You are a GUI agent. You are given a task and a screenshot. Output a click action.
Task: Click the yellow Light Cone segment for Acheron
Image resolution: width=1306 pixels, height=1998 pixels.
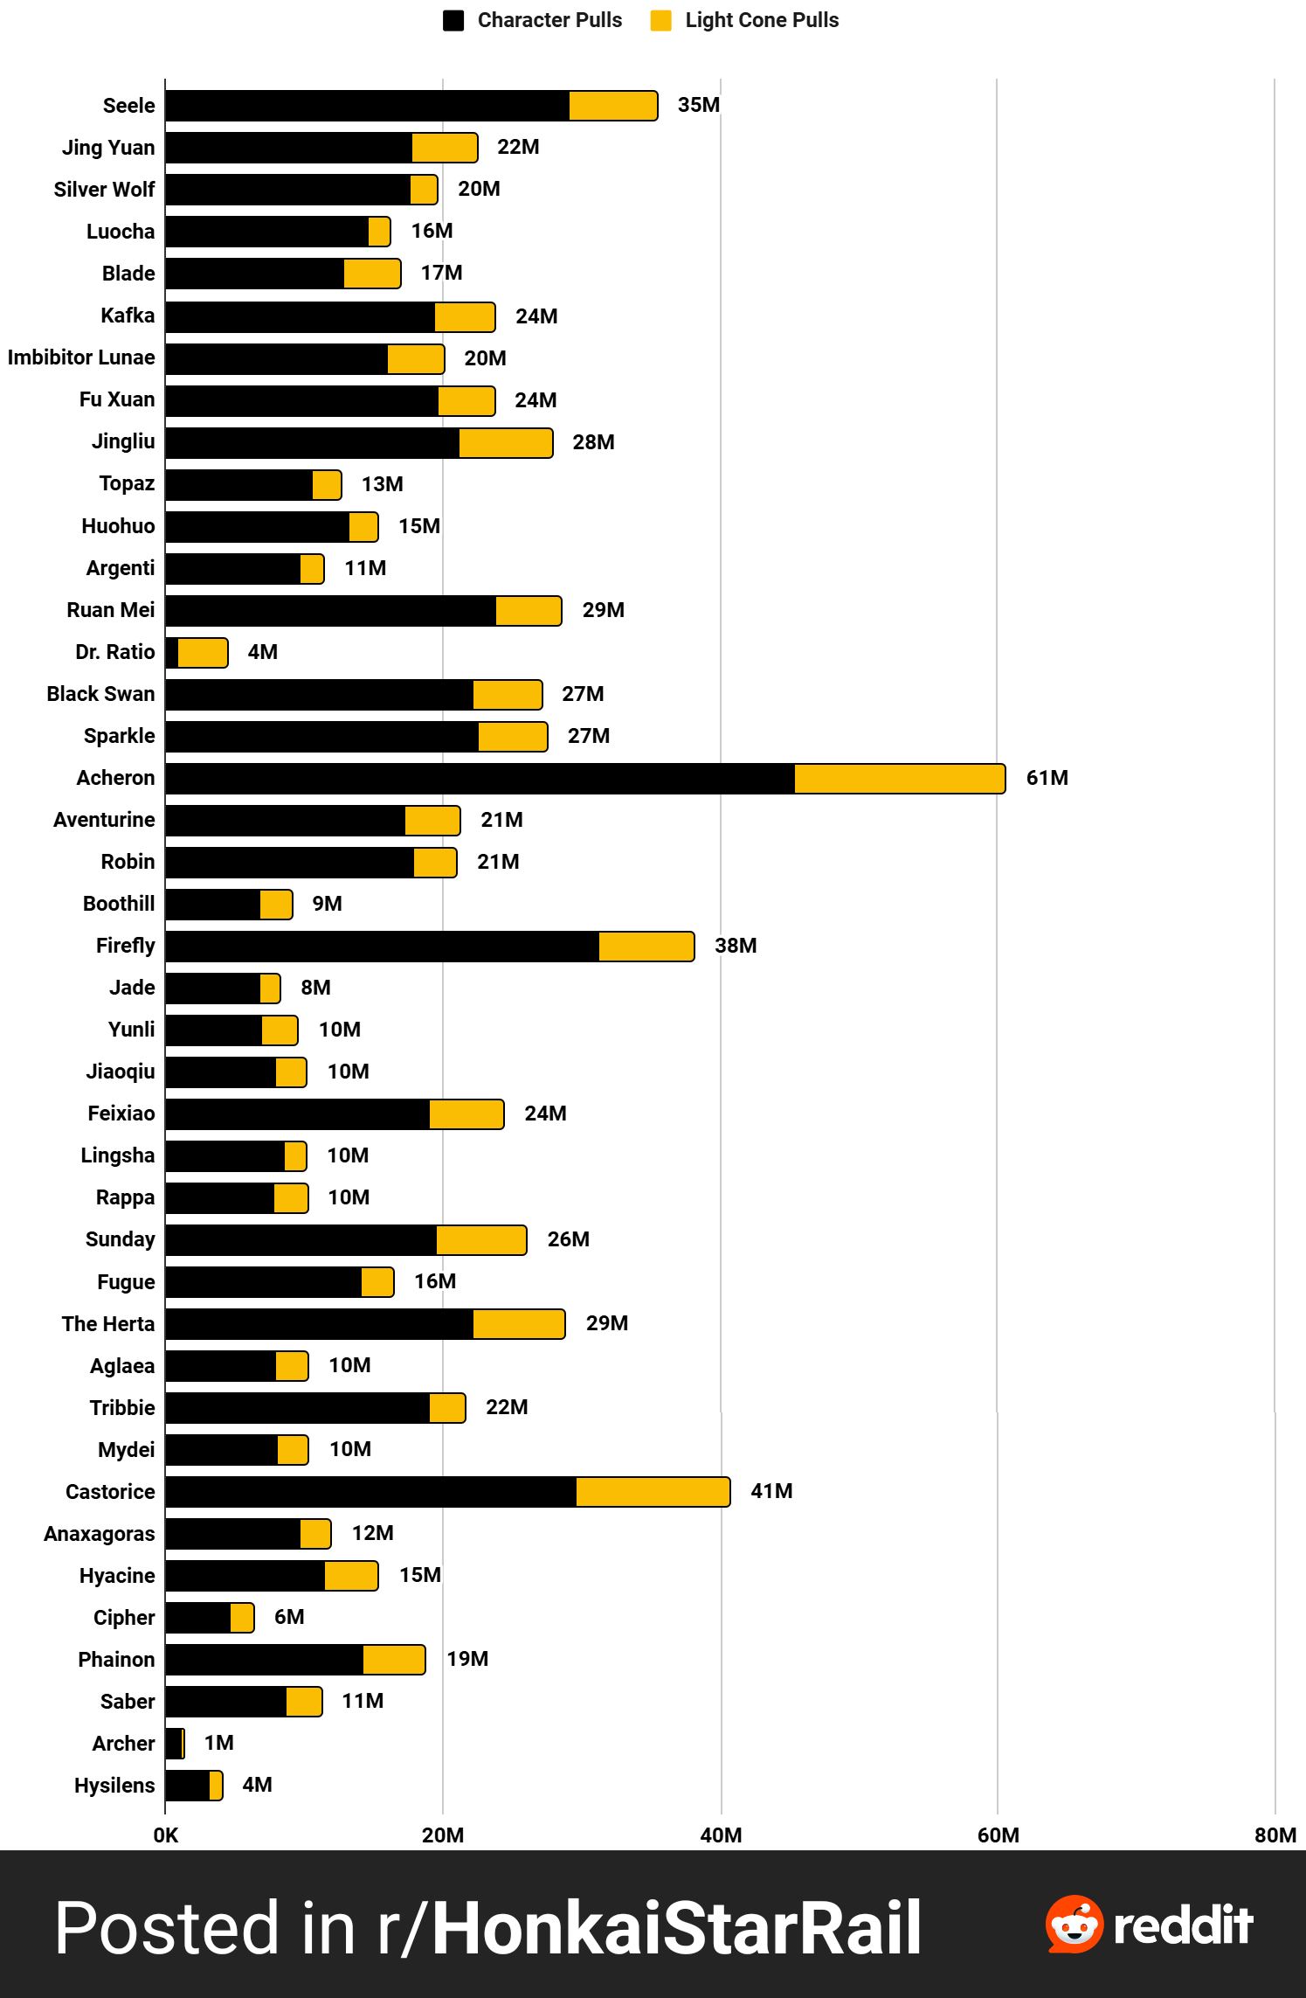(x=899, y=779)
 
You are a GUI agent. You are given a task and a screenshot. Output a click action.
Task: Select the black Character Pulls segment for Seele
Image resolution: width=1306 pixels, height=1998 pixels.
(x=367, y=106)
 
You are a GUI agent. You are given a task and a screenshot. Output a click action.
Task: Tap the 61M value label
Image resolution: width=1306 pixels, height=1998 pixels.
(x=1047, y=778)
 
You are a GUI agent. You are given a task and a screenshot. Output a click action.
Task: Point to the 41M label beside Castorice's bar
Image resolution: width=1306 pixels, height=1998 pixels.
(x=771, y=1491)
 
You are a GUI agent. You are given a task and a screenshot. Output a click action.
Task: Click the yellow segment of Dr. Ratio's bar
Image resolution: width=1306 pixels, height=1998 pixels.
(x=202, y=653)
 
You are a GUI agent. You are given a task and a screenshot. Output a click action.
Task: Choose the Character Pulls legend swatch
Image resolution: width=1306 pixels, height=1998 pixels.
(x=453, y=20)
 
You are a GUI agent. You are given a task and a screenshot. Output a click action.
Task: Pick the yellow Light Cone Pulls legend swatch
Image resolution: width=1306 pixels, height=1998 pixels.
(x=660, y=20)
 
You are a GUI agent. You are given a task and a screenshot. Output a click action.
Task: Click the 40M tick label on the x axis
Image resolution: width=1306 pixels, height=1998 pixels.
(x=721, y=1835)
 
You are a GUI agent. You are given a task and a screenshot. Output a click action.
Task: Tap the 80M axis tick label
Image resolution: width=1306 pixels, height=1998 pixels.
(x=1275, y=1835)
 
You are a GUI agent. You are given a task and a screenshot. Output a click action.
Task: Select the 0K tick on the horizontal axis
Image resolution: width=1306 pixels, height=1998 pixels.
(x=165, y=1835)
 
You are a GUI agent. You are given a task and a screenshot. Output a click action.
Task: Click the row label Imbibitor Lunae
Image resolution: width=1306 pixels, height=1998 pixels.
(x=81, y=357)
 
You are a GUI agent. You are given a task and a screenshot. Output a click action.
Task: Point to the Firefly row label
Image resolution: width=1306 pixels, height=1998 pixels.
(x=125, y=946)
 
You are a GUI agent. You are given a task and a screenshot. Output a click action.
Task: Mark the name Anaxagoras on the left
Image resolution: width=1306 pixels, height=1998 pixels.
(x=99, y=1534)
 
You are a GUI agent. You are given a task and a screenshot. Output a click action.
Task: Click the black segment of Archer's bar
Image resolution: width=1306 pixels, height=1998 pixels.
(x=173, y=1744)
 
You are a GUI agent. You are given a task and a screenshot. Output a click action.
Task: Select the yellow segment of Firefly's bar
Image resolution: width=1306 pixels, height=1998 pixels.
(x=646, y=947)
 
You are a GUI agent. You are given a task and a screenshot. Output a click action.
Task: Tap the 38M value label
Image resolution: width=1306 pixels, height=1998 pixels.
(x=736, y=946)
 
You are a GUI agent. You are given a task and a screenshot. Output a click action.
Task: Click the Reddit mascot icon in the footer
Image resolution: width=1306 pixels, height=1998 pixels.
(x=1074, y=1925)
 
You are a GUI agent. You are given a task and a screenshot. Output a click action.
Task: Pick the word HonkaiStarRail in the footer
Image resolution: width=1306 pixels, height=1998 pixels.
(x=676, y=1928)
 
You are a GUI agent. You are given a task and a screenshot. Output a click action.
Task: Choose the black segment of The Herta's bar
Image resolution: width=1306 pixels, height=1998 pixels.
(x=319, y=1324)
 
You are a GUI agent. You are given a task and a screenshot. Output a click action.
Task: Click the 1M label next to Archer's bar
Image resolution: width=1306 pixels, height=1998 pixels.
(x=218, y=1743)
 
